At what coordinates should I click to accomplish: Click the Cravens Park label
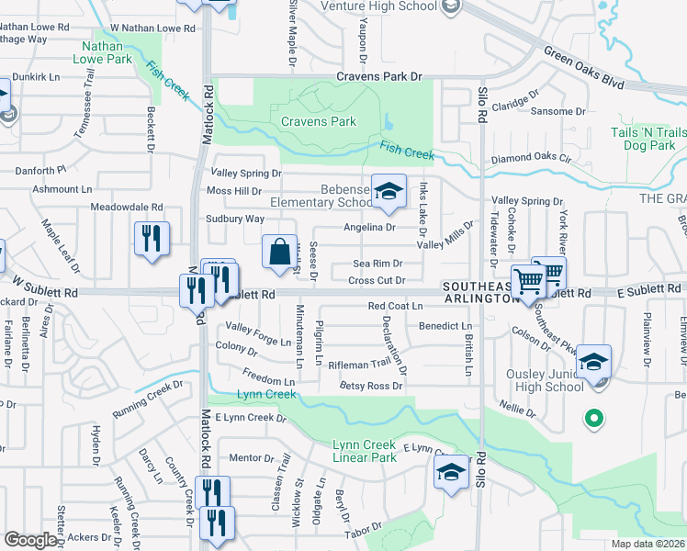(x=318, y=121)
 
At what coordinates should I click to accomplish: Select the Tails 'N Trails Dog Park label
(x=648, y=139)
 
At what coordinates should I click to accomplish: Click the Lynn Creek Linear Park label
(x=365, y=451)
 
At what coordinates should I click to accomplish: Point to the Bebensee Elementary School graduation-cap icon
(x=389, y=192)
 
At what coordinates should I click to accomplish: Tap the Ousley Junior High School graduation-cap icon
(x=593, y=363)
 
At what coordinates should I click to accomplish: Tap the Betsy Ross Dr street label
(x=371, y=386)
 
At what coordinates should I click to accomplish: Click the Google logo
(x=30, y=540)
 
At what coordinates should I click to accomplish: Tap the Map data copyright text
(x=648, y=544)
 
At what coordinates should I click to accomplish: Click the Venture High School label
(x=379, y=6)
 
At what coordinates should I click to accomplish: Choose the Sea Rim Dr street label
(x=378, y=264)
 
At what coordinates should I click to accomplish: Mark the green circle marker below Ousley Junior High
(x=593, y=419)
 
